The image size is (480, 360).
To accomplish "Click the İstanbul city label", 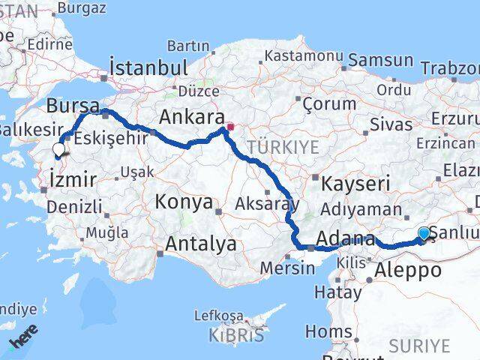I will click(148, 67).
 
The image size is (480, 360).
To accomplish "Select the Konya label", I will click(184, 202).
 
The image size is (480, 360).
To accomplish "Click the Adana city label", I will click(346, 240).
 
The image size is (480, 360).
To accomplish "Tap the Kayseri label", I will click(355, 182).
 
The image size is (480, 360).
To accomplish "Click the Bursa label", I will click(73, 104).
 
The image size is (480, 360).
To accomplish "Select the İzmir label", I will click(72, 179).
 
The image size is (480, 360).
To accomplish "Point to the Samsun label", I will click(381, 61).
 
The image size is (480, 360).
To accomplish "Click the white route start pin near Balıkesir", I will click(58, 150).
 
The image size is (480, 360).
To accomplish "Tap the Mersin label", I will click(288, 267).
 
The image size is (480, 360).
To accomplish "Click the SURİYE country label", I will click(419, 345).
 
